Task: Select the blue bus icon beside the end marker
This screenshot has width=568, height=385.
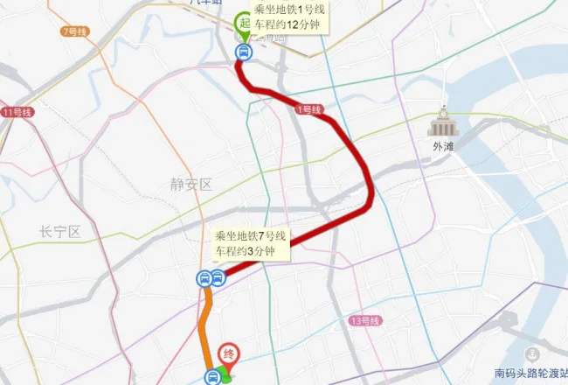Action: tap(211, 377)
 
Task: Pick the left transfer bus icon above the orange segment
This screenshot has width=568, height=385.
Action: tap(204, 279)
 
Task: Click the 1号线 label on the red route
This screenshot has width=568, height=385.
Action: tap(309, 109)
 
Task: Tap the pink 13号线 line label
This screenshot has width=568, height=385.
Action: tap(364, 321)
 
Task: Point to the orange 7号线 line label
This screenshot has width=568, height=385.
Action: tap(76, 31)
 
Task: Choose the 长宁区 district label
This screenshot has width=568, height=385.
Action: tap(59, 232)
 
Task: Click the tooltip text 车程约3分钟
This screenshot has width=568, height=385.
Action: tap(246, 252)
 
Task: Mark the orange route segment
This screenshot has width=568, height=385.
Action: tap(209, 328)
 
